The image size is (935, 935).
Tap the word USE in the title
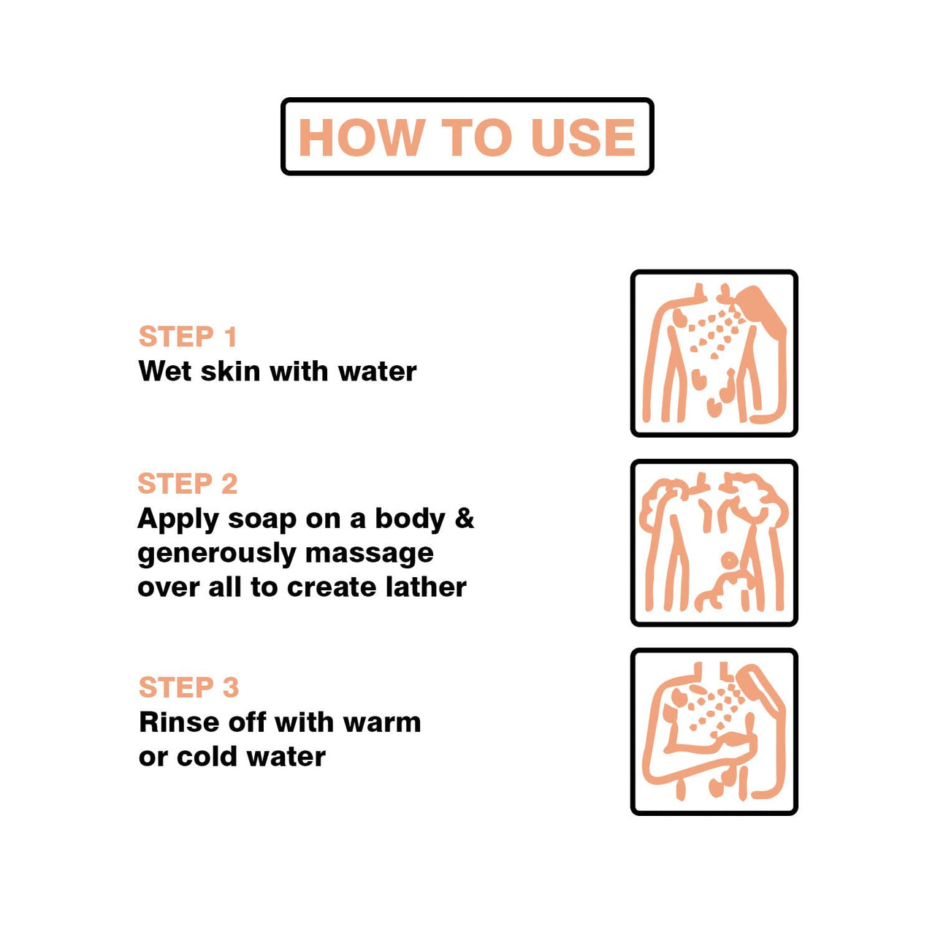584,137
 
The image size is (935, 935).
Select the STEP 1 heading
188,336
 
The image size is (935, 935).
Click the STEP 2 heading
188,484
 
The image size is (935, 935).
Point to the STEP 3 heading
188,687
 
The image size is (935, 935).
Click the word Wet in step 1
166,372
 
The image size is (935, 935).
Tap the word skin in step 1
231,371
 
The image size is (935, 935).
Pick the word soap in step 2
262,520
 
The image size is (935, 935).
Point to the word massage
370,554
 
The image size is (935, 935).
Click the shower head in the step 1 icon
760,310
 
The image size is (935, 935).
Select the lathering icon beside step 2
713,543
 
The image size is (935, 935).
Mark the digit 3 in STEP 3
231,687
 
